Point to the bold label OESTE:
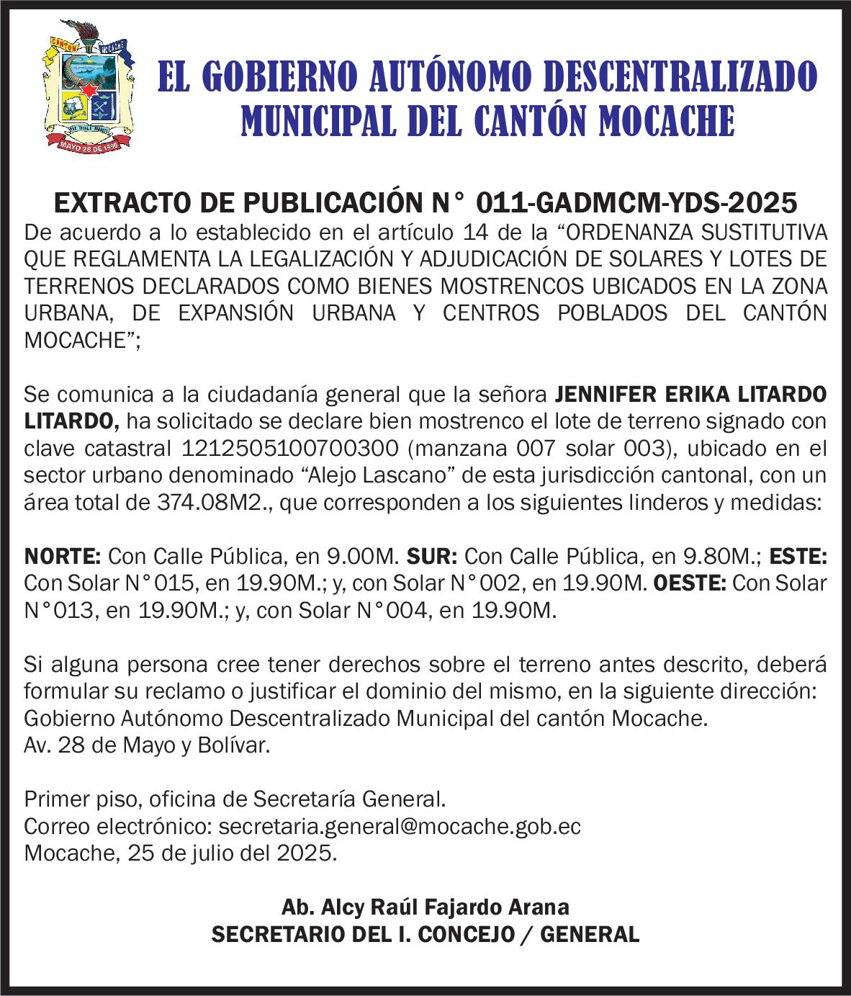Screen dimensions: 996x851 [x=691, y=583]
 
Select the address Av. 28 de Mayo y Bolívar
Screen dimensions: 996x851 [x=148, y=745]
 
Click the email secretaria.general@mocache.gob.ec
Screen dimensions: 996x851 [x=399, y=826]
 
